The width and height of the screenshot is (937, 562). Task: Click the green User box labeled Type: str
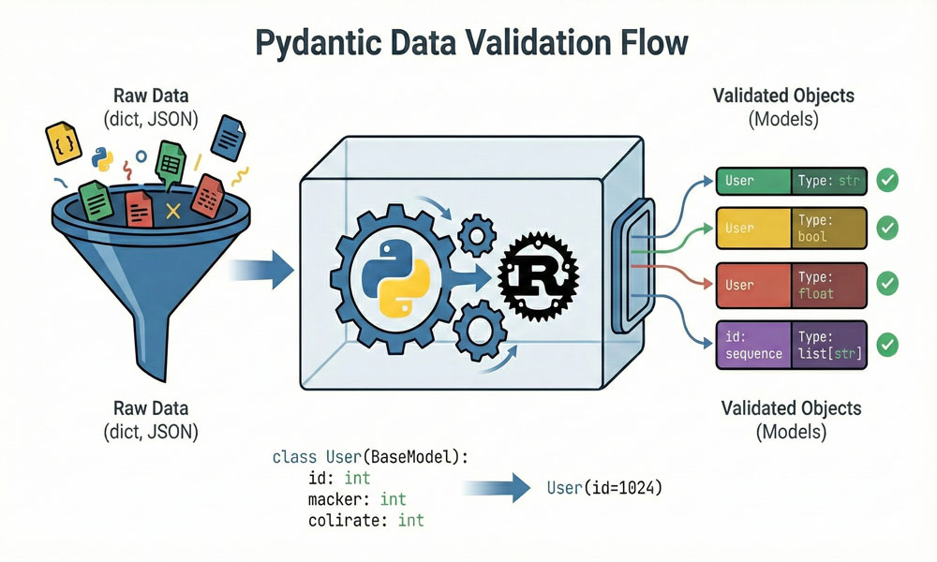click(792, 180)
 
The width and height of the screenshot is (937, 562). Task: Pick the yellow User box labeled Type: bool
click(792, 228)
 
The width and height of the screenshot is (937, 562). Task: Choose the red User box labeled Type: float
click(792, 285)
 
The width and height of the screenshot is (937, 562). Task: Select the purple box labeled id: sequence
click(792, 344)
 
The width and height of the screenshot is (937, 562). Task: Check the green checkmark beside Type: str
click(886, 180)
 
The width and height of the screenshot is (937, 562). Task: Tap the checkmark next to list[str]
click(886, 344)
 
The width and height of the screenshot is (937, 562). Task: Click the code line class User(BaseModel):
click(370, 457)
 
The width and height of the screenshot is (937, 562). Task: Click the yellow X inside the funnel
click(171, 212)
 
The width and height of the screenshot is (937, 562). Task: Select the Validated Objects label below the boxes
click(791, 409)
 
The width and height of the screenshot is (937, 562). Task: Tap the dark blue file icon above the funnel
click(227, 136)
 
